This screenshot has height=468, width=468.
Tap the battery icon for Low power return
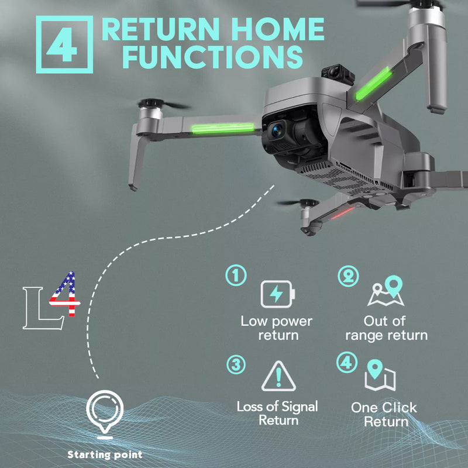(x=278, y=294)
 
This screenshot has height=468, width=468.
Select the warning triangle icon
(x=278, y=377)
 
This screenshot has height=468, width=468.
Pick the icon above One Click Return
(x=380, y=376)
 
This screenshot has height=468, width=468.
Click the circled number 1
(x=236, y=275)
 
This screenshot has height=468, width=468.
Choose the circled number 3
(x=236, y=365)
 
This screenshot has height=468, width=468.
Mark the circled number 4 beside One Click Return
(x=347, y=361)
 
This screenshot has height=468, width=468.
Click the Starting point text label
(x=105, y=454)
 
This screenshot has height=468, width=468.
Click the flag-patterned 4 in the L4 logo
(x=64, y=295)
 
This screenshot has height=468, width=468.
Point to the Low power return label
(x=277, y=328)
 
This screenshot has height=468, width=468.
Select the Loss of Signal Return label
(x=278, y=413)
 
